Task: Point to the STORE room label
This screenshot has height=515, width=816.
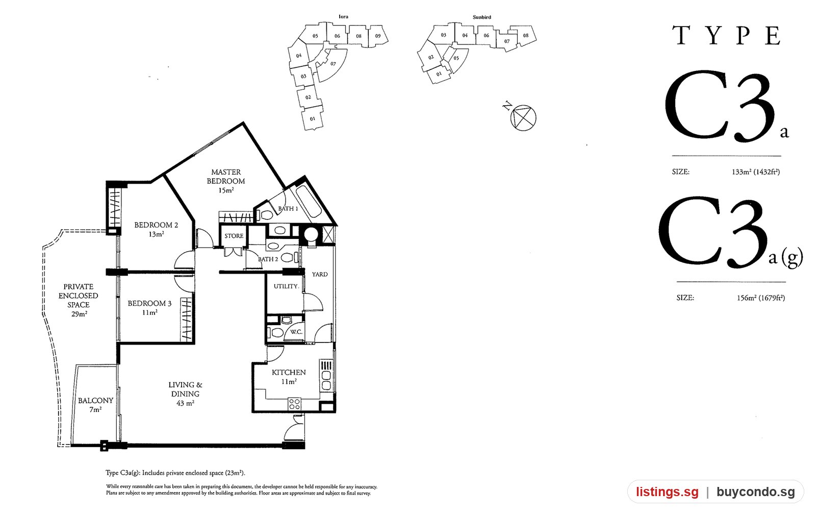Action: coord(234,236)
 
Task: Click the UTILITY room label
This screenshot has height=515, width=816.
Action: coord(286,286)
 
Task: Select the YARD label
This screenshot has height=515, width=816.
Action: coord(319,274)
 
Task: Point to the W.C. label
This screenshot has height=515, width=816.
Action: coord(296,332)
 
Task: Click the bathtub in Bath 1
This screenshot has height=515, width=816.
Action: coord(309,202)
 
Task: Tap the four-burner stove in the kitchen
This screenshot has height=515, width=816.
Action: coord(294,404)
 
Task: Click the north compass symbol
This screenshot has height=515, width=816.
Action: coord(523,117)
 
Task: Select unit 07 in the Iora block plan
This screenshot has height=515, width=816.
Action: coord(333,64)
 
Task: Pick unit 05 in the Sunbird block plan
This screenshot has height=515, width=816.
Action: coord(456,58)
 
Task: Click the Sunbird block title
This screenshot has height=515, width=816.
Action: coord(481,17)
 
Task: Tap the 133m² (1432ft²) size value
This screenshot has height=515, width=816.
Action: coord(756,171)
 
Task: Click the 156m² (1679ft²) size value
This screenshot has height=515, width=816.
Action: coord(760,298)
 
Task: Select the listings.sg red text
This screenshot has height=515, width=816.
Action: coord(668,492)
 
